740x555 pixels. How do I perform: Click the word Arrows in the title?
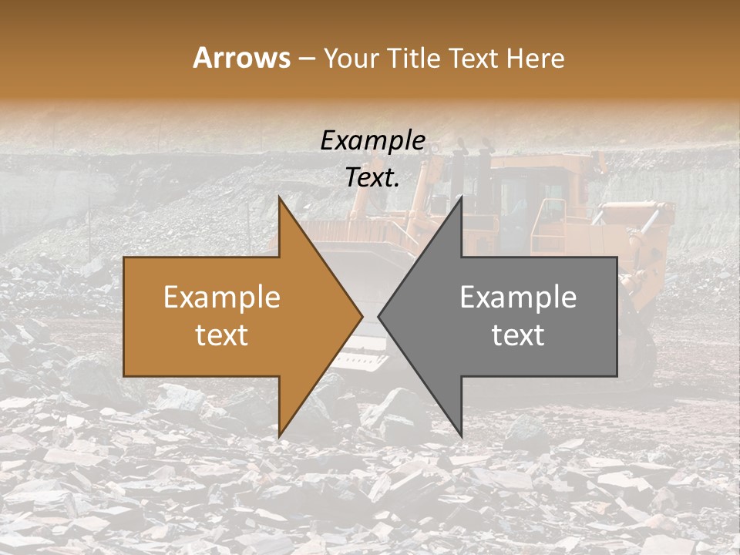[x=241, y=58]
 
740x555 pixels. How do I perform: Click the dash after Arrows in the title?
[x=306, y=59]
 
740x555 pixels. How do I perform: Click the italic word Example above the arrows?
[x=372, y=141]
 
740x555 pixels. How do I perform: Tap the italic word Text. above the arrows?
[x=372, y=178]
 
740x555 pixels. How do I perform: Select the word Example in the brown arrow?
[x=222, y=298]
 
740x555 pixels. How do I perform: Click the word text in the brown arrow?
[x=222, y=335]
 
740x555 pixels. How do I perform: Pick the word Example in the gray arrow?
[x=518, y=298]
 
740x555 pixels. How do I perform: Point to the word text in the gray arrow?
[x=518, y=335]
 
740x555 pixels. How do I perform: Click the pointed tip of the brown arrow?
[x=362, y=317]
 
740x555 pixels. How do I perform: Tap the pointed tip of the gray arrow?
[x=378, y=317]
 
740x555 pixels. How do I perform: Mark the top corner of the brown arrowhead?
[x=280, y=198]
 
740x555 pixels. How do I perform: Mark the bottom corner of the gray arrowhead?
[x=461, y=436]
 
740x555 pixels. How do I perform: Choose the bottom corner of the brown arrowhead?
[x=280, y=436]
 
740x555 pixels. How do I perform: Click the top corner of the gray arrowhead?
[x=461, y=198]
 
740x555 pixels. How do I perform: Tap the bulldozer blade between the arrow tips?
[x=370, y=347]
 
